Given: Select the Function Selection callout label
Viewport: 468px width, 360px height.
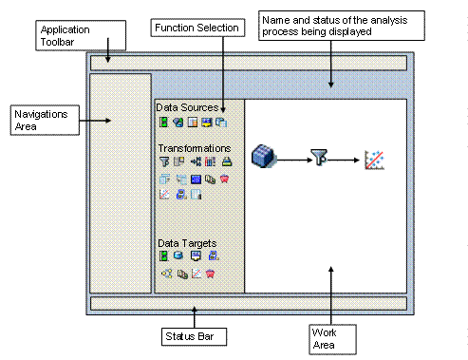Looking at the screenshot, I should pyautogui.click(x=198, y=28).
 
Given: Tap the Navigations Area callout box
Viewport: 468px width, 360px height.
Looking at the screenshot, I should pyautogui.click(x=42, y=120).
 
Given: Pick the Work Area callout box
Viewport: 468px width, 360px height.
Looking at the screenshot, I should pyautogui.click(x=328, y=337).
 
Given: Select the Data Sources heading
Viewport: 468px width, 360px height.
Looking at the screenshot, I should pyautogui.click(x=187, y=108).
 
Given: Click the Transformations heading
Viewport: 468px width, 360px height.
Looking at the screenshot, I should pyautogui.click(x=194, y=149).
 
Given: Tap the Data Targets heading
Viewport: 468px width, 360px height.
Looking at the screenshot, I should pyautogui.click(x=188, y=243).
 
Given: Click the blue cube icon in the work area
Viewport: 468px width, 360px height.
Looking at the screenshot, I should pyautogui.click(x=263, y=157).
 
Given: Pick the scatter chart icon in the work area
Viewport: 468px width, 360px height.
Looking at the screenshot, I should pyautogui.click(x=374, y=161).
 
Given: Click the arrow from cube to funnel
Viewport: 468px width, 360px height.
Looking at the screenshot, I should pyautogui.click(x=291, y=159).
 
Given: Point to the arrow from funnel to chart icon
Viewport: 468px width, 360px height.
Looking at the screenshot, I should pyautogui.click(x=346, y=160).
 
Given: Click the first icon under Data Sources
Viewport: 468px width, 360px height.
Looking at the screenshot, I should pyautogui.click(x=163, y=123).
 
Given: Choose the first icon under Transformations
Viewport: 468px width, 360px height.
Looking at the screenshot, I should pyautogui.click(x=163, y=162).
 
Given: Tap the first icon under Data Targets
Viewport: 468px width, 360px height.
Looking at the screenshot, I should pyautogui.click(x=163, y=256).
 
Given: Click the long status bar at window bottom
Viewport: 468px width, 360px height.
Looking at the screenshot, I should pyautogui.click(x=248, y=304).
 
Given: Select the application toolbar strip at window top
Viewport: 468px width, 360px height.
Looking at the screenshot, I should pyautogui.click(x=248, y=64).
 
